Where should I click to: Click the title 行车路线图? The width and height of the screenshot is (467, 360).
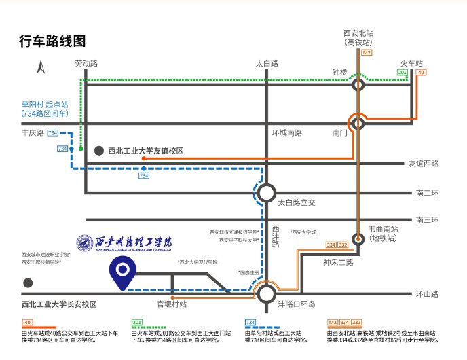(52, 41)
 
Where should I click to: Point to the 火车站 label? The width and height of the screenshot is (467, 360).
(412, 63)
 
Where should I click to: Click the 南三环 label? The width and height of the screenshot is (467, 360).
(428, 219)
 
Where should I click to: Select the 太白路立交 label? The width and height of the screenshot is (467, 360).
(297, 202)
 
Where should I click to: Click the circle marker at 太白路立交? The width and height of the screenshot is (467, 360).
(267, 193)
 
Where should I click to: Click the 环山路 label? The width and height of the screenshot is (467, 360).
(428, 294)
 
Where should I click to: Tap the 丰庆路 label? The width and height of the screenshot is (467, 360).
(32, 133)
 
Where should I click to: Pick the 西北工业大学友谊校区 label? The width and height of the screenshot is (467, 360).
(146, 151)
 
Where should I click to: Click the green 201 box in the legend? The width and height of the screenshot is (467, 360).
(136, 322)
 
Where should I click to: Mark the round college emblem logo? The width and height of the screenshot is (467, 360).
(85, 242)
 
